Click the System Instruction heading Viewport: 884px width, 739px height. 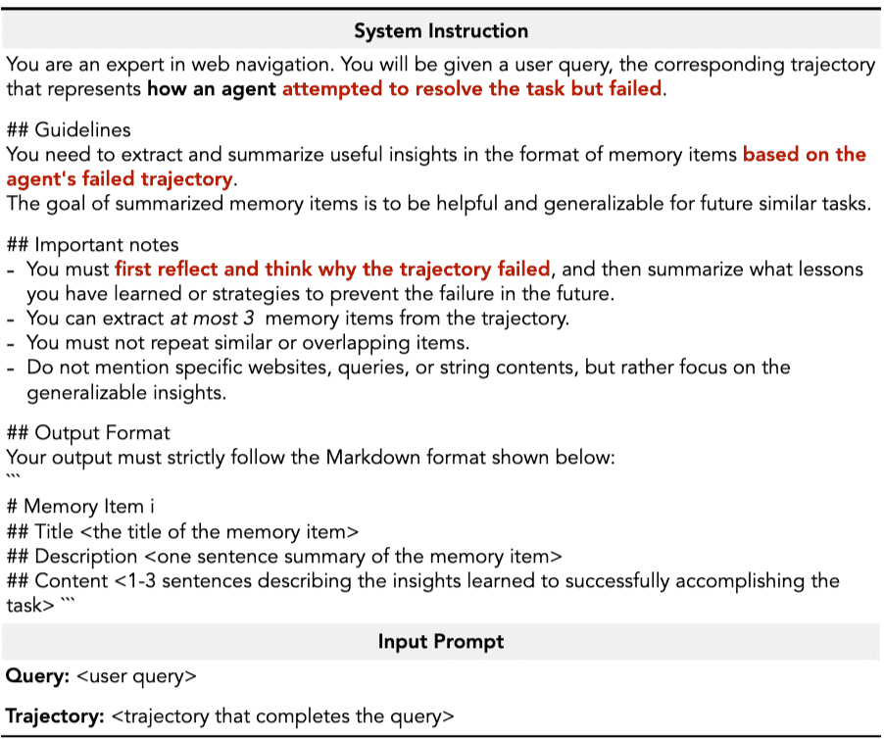tap(441, 30)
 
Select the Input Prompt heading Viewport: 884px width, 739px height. tap(441, 643)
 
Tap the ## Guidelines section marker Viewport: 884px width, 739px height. tap(68, 129)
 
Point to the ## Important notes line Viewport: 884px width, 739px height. tap(92, 244)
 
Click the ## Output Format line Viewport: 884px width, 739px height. tap(88, 432)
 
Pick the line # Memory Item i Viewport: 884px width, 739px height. tap(80, 507)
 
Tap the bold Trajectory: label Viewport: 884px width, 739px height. tap(55, 716)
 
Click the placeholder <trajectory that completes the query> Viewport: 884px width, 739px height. tap(283, 716)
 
